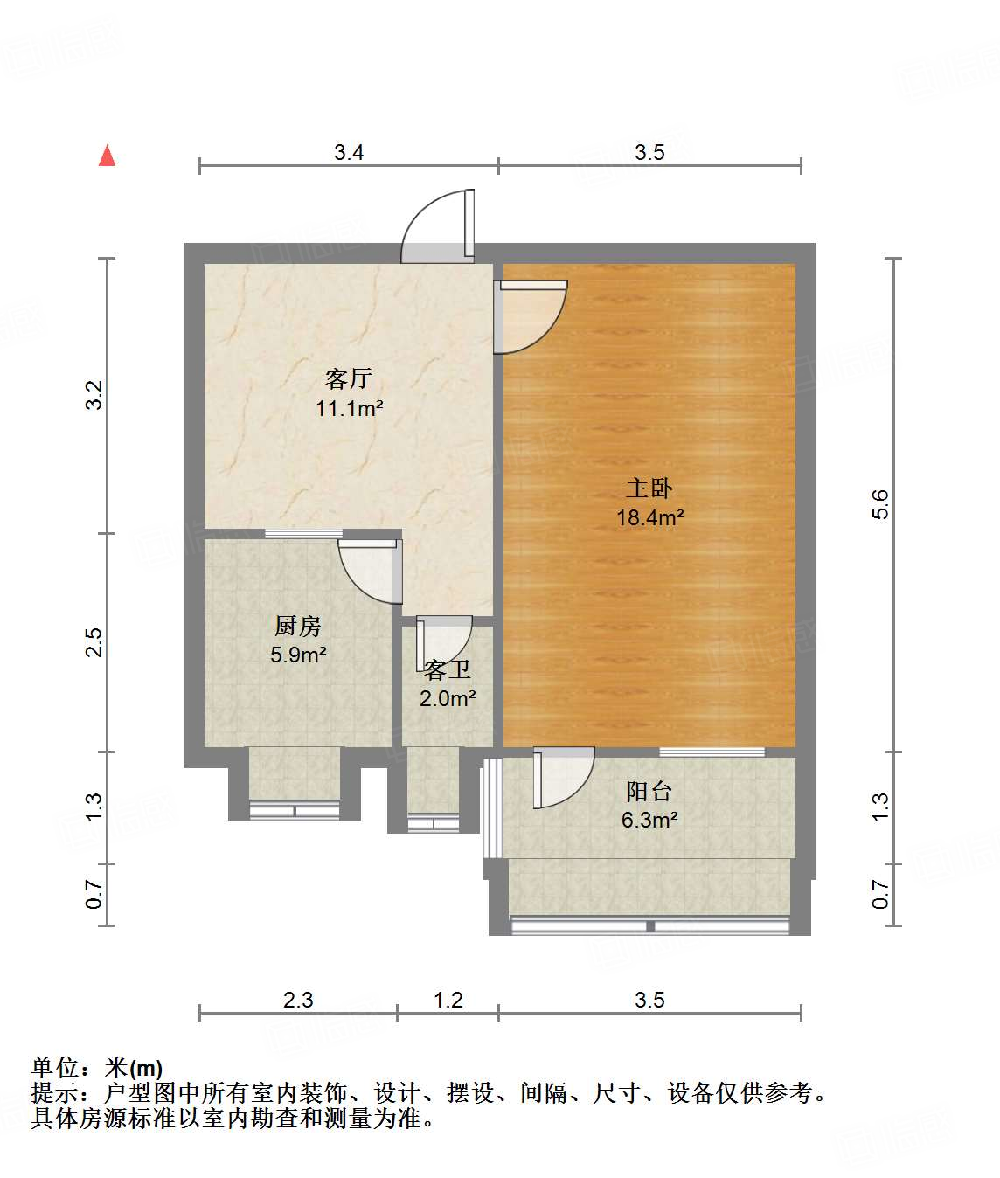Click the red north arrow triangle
(x=107, y=156)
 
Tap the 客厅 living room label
(x=349, y=379)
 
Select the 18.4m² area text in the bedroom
(x=649, y=517)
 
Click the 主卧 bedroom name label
(x=649, y=489)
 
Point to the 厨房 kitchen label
(x=297, y=626)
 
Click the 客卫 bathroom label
(x=448, y=670)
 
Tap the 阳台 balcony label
(x=649, y=792)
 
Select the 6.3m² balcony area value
(x=649, y=820)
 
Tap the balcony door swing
(x=564, y=777)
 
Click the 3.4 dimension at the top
(x=349, y=152)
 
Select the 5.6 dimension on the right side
(x=879, y=504)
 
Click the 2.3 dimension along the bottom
(x=298, y=1000)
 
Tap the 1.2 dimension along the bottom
(x=448, y=1000)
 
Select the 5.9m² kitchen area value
(x=298, y=655)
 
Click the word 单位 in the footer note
(x=55, y=1068)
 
